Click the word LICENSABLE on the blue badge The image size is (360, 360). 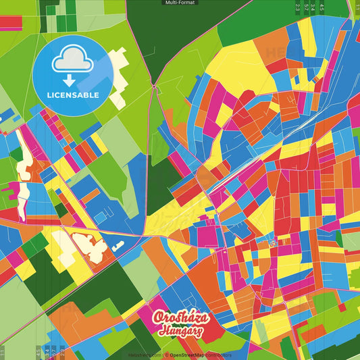73,95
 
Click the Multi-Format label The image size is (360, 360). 180,3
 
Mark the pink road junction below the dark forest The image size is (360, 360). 155,86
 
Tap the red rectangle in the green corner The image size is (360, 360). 11,22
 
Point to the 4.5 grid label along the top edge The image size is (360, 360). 322,7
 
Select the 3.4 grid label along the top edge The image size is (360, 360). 313,7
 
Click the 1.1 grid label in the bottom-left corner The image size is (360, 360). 3,352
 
